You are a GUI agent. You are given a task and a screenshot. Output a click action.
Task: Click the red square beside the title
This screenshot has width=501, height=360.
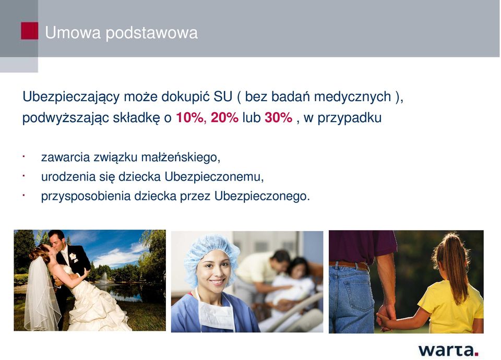(x=29, y=31)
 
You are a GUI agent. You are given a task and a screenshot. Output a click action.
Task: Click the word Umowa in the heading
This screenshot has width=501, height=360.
(x=73, y=32)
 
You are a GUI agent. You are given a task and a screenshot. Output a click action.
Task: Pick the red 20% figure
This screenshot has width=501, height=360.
(x=224, y=117)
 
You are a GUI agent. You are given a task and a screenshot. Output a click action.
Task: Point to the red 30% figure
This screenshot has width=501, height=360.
(x=278, y=117)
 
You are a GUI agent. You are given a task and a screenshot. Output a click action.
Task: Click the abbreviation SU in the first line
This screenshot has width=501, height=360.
(x=223, y=97)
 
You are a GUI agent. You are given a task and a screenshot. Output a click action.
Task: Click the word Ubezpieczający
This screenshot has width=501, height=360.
(x=71, y=97)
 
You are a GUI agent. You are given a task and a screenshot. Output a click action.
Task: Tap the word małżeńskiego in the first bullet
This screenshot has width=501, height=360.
(x=181, y=158)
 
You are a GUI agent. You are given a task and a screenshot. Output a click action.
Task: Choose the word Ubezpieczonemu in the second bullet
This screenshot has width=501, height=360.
(x=214, y=177)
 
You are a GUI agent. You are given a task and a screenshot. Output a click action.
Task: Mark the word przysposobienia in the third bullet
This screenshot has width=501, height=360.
(x=86, y=196)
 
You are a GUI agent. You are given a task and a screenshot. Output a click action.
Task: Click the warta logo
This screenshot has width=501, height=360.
(x=448, y=350)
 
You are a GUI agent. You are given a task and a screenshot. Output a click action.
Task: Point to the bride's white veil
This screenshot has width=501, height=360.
(x=40, y=294)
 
